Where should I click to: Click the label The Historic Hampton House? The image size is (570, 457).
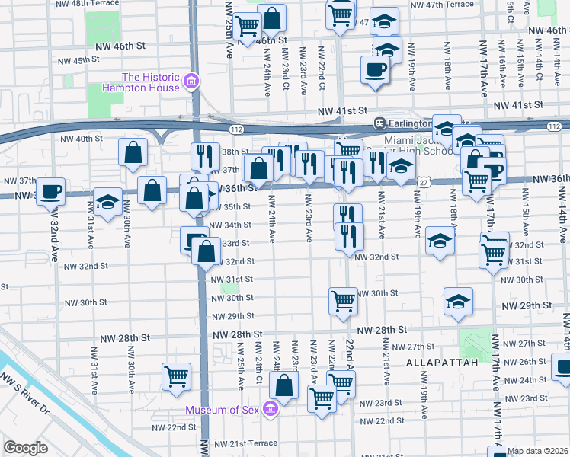[x=151, y=82]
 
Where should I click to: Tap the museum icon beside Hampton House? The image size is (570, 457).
[x=191, y=81]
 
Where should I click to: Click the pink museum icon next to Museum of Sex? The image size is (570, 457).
[x=269, y=411]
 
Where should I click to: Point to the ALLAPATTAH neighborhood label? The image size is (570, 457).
[x=442, y=363]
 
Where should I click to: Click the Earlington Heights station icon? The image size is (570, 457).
[x=378, y=123]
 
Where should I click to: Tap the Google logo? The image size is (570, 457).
[x=25, y=447]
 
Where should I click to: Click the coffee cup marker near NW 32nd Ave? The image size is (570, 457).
[x=51, y=191]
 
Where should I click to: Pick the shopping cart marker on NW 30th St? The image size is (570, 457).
[x=344, y=300]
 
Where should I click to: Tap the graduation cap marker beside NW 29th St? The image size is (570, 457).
[x=458, y=302]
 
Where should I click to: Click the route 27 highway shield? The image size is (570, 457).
[x=423, y=182]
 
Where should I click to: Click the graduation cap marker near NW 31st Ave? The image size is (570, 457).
[x=107, y=202]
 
